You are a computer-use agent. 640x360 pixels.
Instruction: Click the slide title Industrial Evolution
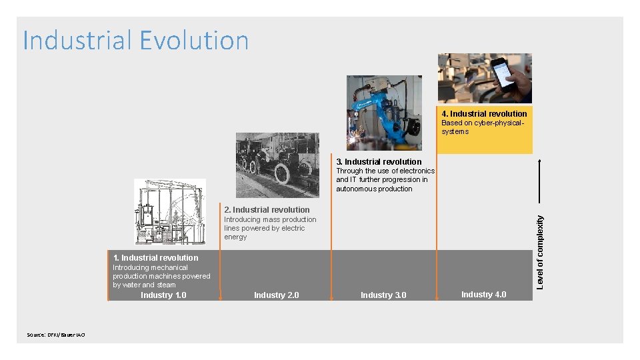[136, 41]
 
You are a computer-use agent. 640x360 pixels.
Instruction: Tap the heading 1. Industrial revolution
[155, 257]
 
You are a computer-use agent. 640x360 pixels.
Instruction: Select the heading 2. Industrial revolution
[267, 209]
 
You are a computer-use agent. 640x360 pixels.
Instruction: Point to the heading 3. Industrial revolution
[379, 161]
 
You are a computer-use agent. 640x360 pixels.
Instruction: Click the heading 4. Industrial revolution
[484, 113]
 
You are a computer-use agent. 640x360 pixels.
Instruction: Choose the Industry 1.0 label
[163, 295]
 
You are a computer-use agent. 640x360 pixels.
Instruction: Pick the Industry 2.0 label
[276, 295]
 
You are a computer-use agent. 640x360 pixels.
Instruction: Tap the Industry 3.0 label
[383, 295]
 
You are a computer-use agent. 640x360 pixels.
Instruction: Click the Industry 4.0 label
[483, 294]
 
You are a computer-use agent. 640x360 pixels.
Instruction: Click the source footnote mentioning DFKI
[55, 335]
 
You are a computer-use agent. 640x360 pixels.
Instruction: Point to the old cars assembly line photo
[277, 165]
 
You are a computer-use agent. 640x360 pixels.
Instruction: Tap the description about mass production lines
[270, 228]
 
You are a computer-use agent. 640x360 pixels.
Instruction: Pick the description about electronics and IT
[385, 179]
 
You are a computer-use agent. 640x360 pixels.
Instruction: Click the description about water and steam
[161, 276]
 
